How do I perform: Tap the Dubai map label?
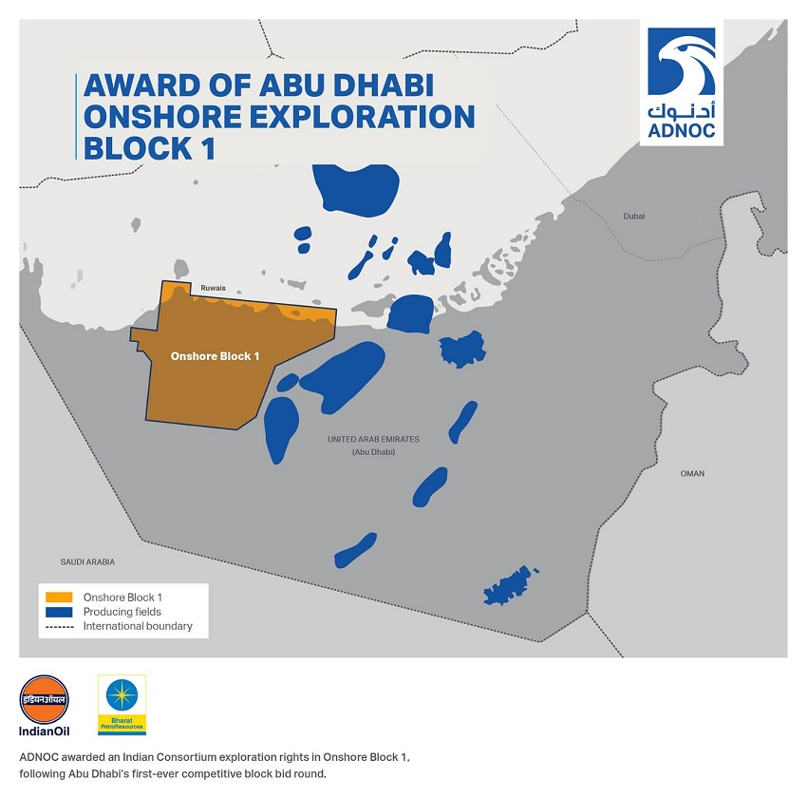[x=634, y=217]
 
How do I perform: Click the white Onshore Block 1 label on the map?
[x=215, y=356]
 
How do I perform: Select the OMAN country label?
[x=692, y=473]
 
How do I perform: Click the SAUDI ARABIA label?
[x=87, y=562]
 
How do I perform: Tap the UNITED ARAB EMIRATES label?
[x=373, y=440]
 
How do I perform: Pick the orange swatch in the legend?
[x=59, y=598]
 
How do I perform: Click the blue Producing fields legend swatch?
[x=59, y=612]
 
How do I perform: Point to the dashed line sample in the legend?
[x=59, y=627]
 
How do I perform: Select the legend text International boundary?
[x=138, y=627]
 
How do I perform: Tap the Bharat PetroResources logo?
[x=122, y=706]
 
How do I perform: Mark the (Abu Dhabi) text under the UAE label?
[x=373, y=452]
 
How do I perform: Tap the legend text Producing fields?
[x=122, y=613]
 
